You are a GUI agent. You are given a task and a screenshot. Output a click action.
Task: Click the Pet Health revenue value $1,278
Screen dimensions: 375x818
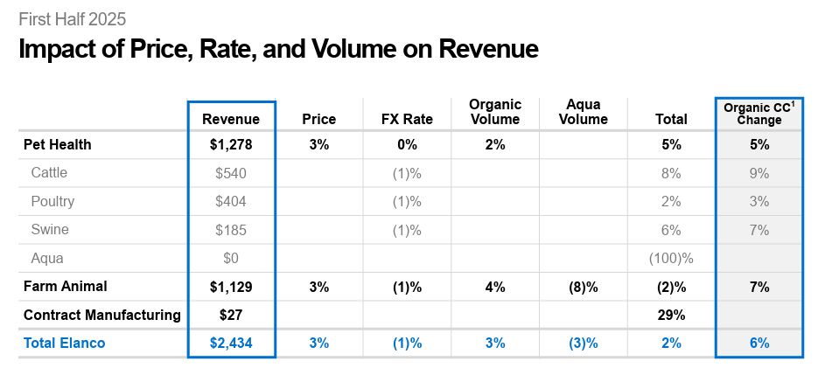click(x=231, y=145)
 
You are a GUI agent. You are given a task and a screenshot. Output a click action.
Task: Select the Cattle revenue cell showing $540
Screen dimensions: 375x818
click(x=231, y=173)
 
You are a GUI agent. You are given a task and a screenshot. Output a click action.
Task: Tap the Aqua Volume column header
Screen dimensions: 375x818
click(x=584, y=112)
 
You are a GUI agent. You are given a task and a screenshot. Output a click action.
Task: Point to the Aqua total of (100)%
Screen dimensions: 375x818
click(x=671, y=259)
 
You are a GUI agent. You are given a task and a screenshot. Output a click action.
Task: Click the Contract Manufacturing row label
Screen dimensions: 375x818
click(x=101, y=315)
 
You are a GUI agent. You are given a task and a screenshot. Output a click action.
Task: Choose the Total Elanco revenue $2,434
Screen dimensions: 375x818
click(x=231, y=343)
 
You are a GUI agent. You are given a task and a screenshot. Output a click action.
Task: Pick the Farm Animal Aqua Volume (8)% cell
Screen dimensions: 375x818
click(x=584, y=287)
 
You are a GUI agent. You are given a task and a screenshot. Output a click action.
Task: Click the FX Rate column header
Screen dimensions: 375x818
click(x=407, y=119)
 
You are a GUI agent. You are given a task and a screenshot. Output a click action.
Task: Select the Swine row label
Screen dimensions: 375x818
click(x=49, y=230)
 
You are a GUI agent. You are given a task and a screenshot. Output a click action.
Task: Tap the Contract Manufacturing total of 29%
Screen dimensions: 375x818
click(x=671, y=315)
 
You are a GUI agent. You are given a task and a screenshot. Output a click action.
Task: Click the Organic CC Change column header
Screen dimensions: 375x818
click(x=759, y=113)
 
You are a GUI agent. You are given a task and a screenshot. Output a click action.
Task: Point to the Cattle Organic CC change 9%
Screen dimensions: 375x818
click(x=759, y=173)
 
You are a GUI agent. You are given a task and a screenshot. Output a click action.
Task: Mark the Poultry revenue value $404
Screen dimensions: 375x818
click(x=231, y=202)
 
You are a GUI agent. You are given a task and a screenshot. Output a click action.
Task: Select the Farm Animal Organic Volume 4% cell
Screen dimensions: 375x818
click(x=494, y=287)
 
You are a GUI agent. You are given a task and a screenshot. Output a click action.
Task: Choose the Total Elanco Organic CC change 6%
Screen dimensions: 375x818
click(x=759, y=343)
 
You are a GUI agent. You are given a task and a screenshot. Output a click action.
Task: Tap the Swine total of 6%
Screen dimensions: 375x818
click(x=671, y=230)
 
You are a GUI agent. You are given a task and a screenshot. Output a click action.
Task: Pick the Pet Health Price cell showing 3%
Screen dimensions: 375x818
click(x=318, y=145)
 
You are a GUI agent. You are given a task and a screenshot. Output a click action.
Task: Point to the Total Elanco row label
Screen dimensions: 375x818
click(x=64, y=343)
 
